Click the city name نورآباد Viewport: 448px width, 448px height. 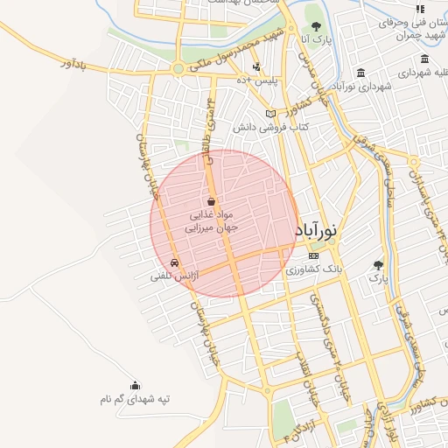317,233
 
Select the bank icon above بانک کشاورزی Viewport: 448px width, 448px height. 314,255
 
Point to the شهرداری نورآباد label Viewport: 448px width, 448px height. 360,86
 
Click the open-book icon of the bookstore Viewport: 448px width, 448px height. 270,113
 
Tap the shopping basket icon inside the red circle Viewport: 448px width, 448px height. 211,201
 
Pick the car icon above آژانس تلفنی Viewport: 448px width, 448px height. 175,262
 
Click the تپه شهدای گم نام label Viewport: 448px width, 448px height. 135,399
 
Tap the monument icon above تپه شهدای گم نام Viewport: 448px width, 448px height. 135,385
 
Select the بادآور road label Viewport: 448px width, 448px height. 76,64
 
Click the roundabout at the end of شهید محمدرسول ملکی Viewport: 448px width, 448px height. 178,67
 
